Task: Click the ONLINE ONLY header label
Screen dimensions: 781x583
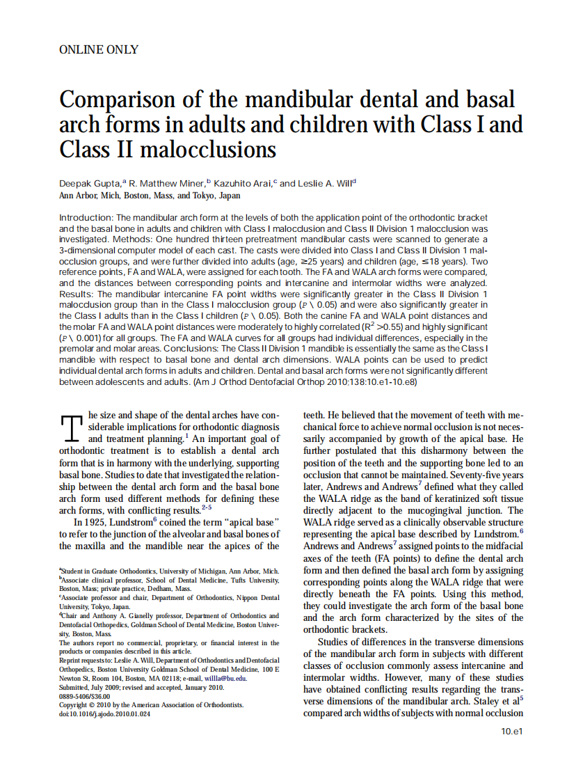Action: pos(99,49)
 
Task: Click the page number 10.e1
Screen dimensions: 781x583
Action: pos(511,731)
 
